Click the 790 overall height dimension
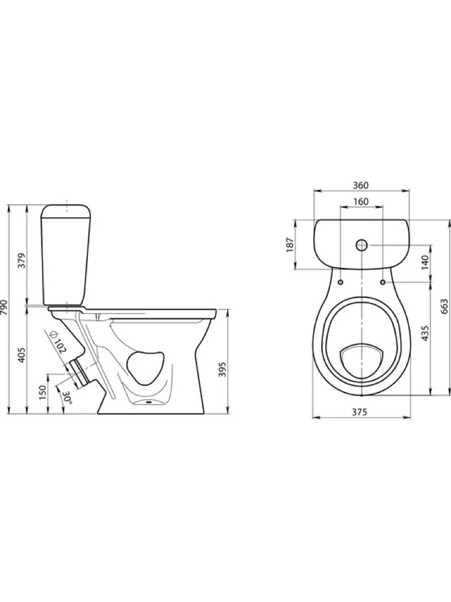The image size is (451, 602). [x=4, y=307]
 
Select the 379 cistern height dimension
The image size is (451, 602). [x=22, y=260]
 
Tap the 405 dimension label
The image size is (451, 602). [x=22, y=355]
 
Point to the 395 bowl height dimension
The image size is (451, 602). [x=223, y=369]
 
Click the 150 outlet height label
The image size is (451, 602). [x=43, y=392]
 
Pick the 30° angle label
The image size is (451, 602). [x=67, y=397]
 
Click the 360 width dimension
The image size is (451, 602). [x=360, y=185]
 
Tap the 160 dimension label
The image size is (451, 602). [x=360, y=202]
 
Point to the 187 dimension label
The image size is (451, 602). [x=290, y=245]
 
